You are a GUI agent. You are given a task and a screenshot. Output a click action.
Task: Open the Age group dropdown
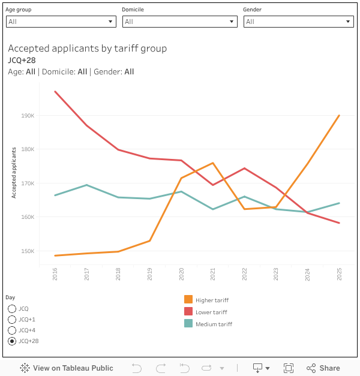[x=61, y=22]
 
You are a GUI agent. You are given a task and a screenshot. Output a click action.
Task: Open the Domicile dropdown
[x=180, y=22]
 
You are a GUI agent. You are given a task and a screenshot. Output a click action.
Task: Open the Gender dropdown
[x=298, y=22]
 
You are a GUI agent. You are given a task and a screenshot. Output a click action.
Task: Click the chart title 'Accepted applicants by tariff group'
[x=88, y=49]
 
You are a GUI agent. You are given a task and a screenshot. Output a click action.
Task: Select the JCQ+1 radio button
[x=12, y=320]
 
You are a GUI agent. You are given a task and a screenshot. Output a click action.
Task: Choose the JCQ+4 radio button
[x=12, y=330]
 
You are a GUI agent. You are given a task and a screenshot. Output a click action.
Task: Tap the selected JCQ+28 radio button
[x=12, y=341]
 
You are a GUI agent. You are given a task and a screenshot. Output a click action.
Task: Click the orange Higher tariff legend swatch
[x=188, y=300]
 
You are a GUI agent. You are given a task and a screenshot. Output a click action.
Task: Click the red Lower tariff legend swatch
[x=188, y=312]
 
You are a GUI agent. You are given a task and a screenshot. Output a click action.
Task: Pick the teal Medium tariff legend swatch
[x=188, y=324]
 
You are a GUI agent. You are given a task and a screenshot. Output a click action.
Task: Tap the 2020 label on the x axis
[x=181, y=274]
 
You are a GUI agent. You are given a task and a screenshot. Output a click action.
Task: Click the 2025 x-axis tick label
[x=340, y=274]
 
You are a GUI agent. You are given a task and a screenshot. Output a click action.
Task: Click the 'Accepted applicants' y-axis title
[x=14, y=172]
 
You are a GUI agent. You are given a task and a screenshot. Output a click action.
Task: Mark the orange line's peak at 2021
[x=213, y=163]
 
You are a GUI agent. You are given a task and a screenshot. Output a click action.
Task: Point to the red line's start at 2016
[x=55, y=92]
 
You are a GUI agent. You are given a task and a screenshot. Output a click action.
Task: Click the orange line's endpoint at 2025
[x=340, y=115]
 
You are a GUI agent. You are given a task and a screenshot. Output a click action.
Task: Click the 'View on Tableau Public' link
[x=67, y=368]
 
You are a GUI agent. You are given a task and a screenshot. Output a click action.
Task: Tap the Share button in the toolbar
[x=323, y=368]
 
